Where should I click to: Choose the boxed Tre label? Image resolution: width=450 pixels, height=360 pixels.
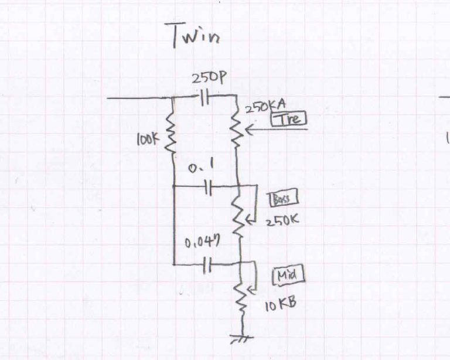coord(289,119)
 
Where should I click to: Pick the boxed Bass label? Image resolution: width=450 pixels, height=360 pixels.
coord(282,199)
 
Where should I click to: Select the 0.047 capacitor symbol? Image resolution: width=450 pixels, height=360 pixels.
coord(206,266)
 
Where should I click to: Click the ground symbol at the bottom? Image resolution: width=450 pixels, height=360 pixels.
coord(242,337)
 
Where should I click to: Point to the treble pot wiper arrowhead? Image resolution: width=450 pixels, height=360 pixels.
coord(245,130)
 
